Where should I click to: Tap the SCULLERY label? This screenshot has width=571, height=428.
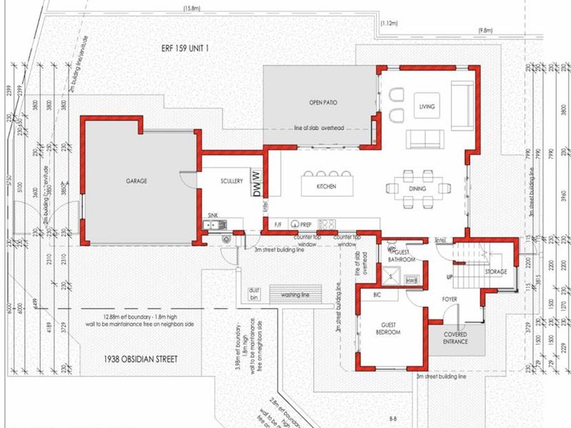232,181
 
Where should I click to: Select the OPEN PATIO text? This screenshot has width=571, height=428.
323,103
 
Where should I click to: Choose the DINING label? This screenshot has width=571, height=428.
418,188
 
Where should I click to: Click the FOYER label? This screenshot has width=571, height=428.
449,299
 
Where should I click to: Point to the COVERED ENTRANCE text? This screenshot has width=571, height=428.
455,337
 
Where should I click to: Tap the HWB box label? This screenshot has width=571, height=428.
411,281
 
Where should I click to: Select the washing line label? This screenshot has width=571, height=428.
298,294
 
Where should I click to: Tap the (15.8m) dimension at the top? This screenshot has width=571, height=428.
191,9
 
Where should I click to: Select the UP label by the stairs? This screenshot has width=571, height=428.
448,276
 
